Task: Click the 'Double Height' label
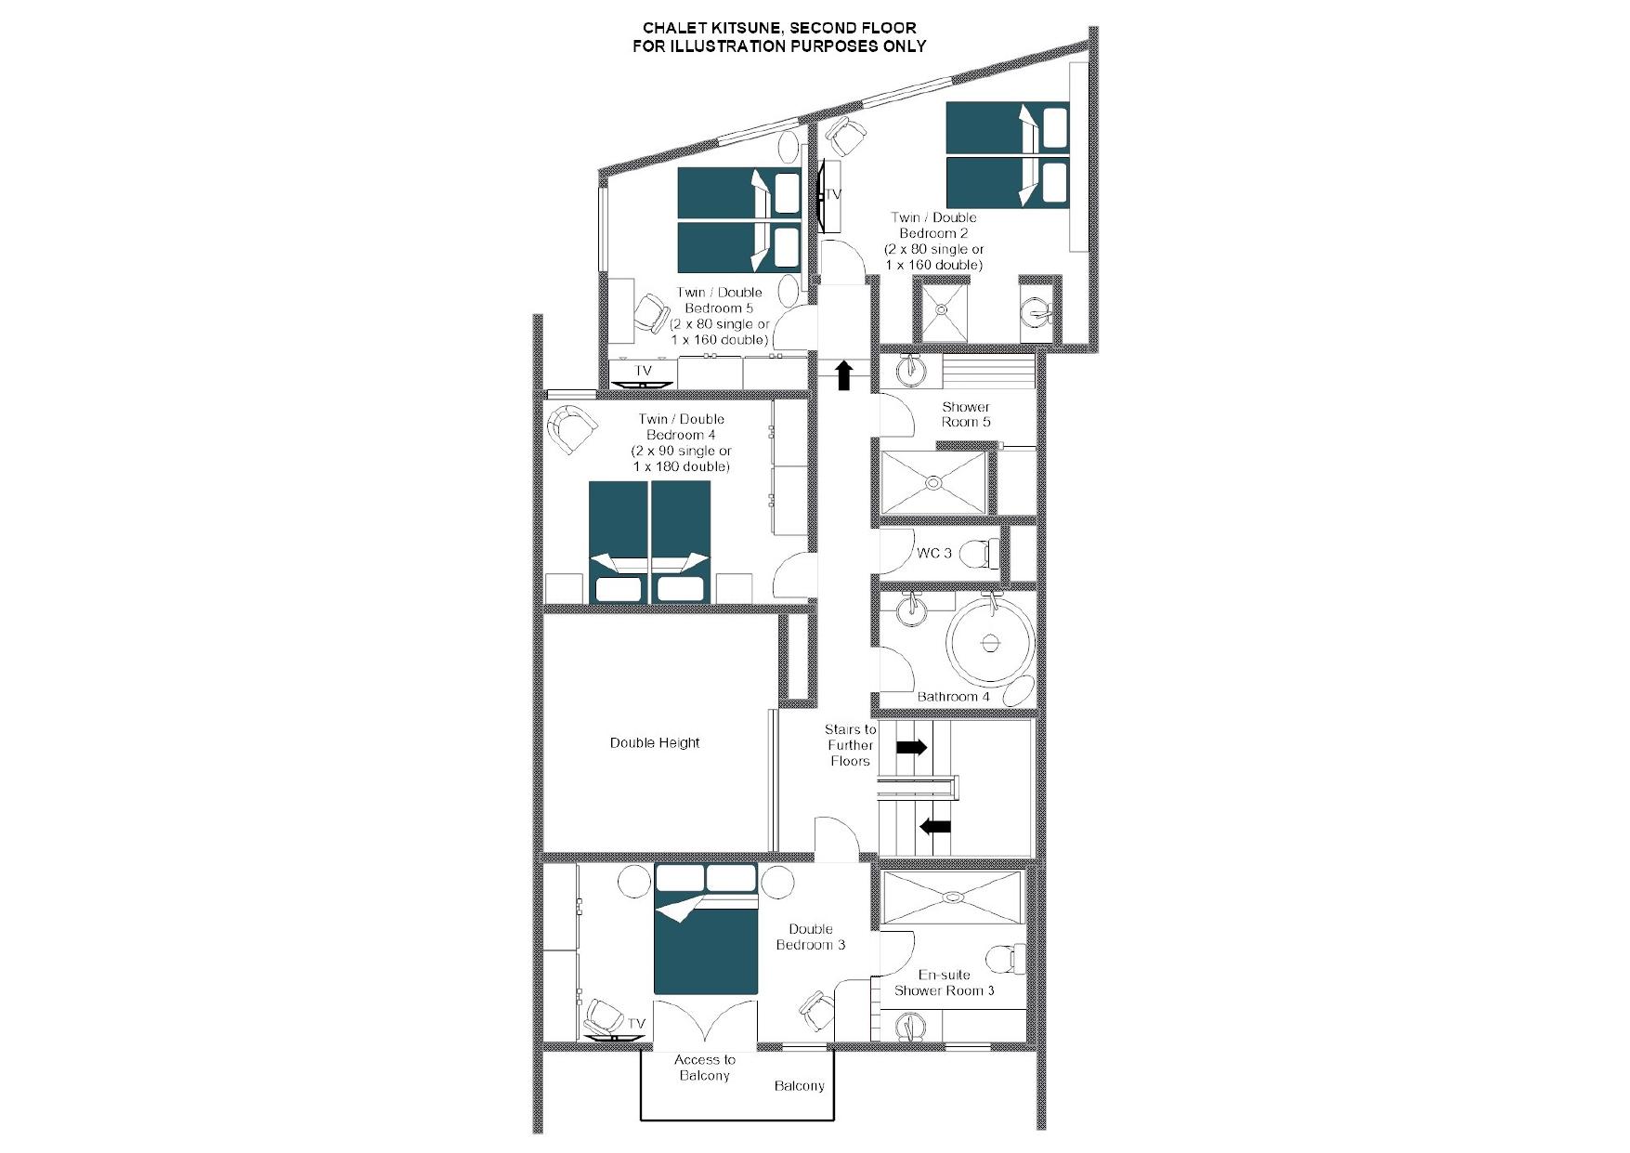(655, 742)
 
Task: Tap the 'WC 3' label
(933, 553)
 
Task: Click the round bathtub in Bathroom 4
(991, 642)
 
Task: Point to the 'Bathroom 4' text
(954, 697)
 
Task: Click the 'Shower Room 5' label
(966, 414)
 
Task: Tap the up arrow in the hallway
(843, 375)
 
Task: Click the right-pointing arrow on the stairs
(911, 747)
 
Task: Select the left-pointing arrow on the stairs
(935, 825)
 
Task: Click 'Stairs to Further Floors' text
(850, 745)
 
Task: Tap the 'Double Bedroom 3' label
(811, 937)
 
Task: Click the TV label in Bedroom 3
(636, 1024)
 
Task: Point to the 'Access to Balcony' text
(705, 1068)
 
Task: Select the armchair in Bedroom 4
(571, 429)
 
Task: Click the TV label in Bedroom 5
(643, 371)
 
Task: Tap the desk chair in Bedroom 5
(651, 315)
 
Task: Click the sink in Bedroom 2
(1035, 311)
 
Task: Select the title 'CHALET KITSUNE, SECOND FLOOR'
(779, 28)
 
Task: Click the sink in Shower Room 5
(910, 371)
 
